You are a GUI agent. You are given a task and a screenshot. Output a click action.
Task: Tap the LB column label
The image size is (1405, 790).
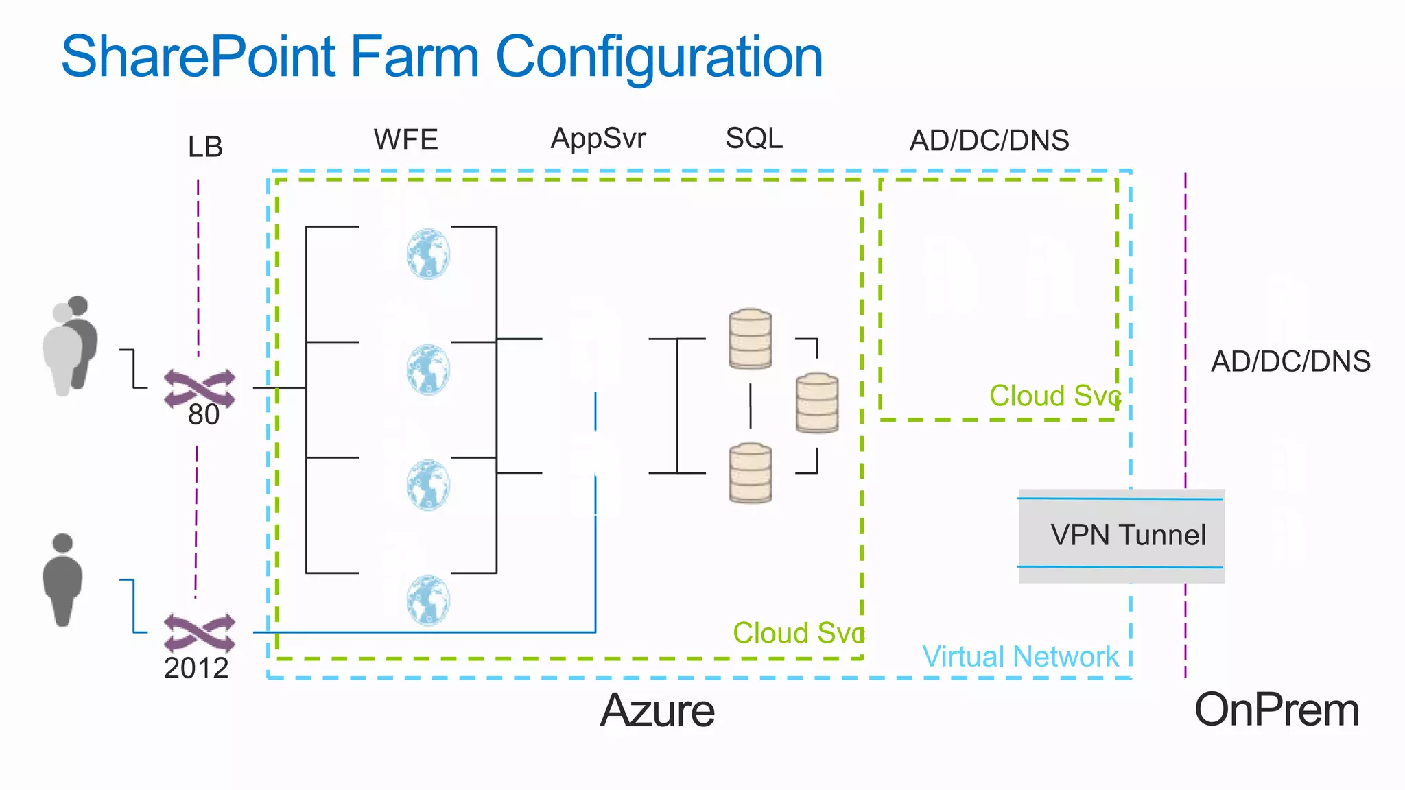pyautogui.click(x=205, y=147)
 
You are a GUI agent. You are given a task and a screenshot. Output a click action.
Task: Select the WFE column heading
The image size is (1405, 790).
pyautogui.click(x=405, y=140)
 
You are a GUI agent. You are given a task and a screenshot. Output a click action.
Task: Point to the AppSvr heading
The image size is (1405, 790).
pyautogui.click(x=598, y=139)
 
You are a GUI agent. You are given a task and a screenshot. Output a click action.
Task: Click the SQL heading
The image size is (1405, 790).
pyautogui.click(x=754, y=139)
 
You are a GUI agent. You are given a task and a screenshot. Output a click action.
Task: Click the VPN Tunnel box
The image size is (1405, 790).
pyautogui.click(x=1122, y=536)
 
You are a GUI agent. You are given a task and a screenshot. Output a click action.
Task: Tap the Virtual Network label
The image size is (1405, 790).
pyautogui.click(x=1020, y=657)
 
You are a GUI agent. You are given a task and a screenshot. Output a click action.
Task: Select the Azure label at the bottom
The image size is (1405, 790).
pyautogui.click(x=657, y=710)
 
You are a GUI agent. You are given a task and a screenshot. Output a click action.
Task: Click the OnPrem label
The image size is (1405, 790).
pyautogui.click(x=1277, y=710)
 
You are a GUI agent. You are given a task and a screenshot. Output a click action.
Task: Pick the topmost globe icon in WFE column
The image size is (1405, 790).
pyautogui.click(x=428, y=254)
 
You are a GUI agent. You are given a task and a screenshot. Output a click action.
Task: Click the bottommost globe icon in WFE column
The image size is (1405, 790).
pyautogui.click(x=428, y=600)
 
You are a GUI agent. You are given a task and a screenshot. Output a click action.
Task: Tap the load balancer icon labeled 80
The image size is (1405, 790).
pyautogui.click(x=199, y=388)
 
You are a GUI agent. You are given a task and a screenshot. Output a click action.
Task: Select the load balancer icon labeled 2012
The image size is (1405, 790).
pyautogui.click(x=199, y=632)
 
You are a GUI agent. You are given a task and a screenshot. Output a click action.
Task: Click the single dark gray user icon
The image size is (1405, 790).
pyautogui.click(x=62, y=579)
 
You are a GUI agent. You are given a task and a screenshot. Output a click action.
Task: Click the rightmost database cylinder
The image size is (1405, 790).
pyautogui.click(x=817, y=403)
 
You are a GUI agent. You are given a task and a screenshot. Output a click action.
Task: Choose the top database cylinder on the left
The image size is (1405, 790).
pyautogui.click(x=751, y=338)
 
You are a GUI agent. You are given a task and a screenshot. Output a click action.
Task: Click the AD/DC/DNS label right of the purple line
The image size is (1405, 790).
pyautogui.click(x=1290, y=361)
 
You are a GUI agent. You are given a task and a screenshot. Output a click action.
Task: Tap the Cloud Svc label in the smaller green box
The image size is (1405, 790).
pyautogui.click(x=1054, y=396)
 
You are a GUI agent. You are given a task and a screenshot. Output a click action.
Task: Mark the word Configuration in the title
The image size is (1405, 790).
pyautogui.click(x=659, y=57)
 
